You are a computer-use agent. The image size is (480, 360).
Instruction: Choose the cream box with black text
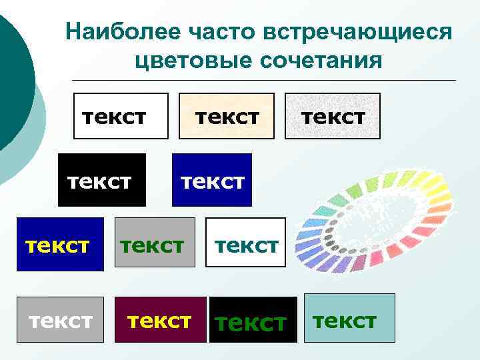(x=227, y=116)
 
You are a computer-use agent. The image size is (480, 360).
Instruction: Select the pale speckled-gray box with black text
(x=333, y=116)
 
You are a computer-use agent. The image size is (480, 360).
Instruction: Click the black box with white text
(x=101, y=180)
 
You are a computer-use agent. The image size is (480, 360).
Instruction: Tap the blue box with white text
(x=212, y=180)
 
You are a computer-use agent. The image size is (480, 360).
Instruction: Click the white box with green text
(x=245, y=244)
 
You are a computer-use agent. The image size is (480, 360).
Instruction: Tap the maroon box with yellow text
(x=161, y=320)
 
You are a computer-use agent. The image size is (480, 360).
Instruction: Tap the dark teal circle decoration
(x=10, y=73)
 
